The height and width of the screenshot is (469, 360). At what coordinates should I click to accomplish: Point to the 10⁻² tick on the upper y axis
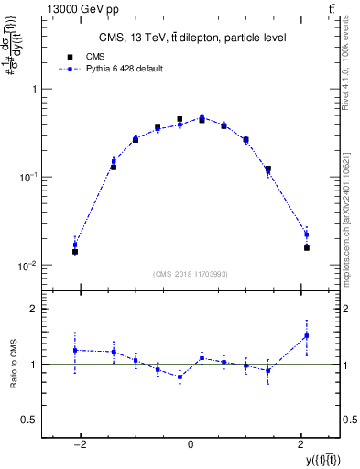click(x=27, y=266)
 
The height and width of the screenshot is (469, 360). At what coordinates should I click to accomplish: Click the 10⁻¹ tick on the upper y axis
click(x=27, y=178)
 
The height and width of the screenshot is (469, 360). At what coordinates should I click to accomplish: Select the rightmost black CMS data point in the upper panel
click(x=306, y=247)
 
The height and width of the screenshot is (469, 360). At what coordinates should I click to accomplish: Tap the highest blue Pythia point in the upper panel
click(x=202, y=117)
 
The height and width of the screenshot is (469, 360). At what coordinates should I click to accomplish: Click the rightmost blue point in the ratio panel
click(x=306, y=335)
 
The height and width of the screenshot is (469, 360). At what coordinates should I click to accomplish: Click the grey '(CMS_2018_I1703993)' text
click(x=191, y=273)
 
